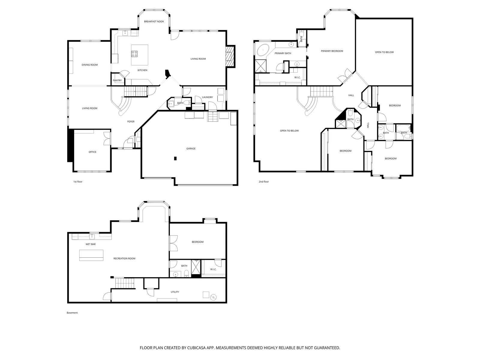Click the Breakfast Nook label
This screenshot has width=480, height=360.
click(x=154, y=21)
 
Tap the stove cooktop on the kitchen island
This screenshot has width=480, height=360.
click(x=134, y=54)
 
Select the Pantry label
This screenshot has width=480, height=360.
click(x=117, y=80)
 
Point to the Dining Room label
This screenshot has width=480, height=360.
click(x=90, y=65)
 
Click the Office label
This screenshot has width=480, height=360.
click(x=92, y=152)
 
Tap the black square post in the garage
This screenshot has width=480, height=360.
click(x=175, y=158)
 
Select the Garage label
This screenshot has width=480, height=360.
click(x=191, y=148)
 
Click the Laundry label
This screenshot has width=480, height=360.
click(x=208, y=97)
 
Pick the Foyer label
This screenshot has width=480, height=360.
click(x=131, y=121)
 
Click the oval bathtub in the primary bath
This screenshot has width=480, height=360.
click(x=263, y=50)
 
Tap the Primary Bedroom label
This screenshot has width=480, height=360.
click(x=332, y=51)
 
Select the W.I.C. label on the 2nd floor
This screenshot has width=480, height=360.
click(x=297, y=77)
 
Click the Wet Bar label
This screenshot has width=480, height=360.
click(x=91, y=244)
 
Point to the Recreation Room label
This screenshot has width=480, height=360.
click(x=124, y=259)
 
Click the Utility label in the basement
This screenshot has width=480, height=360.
click(x=175, y=292)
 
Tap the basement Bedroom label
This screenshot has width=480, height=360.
click(x=197, y=242)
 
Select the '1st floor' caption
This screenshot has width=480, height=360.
click(x=78, y=181)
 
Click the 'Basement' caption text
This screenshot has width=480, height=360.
click(x=72, y=313)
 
